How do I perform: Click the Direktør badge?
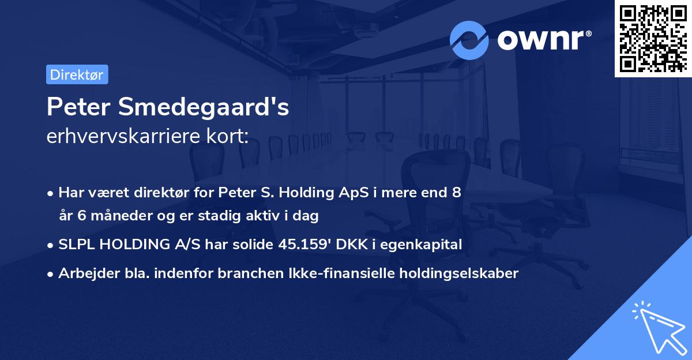(x=77, y=74)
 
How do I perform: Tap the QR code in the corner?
(x=653, y=38)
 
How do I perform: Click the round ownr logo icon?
(x=469, y=40)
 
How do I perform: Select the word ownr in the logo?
(x=543, y=40)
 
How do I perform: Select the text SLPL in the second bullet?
(x=75, y=245)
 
